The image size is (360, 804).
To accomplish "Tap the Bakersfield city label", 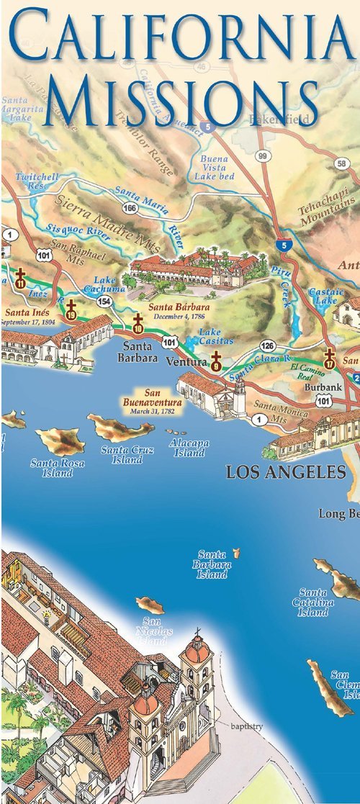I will click(x=280, y=117).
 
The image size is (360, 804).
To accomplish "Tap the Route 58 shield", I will click(x=341, y=163).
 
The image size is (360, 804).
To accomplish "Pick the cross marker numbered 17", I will click(x=330, y=358).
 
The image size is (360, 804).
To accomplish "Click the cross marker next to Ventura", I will click(x=215, y=361).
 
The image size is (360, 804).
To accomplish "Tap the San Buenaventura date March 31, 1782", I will click(x=152, y=412).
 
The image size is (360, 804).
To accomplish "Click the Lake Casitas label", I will click(x=211, y=336).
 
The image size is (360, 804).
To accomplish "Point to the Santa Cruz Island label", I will click(x=125, y=455).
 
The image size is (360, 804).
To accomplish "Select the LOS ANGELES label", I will click(x=286, y=472).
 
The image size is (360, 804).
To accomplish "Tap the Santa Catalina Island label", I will click(x=313, y=602).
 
